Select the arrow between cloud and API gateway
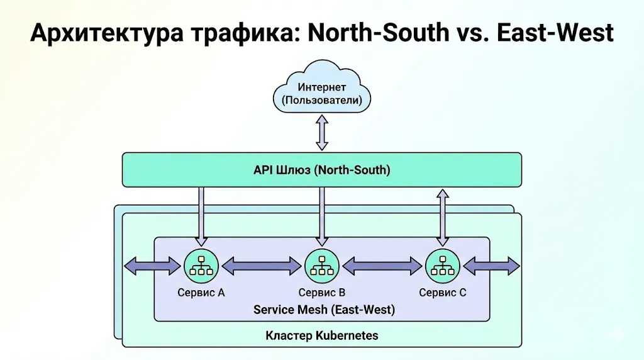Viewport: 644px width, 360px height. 322,132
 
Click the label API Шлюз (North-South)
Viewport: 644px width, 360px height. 321,170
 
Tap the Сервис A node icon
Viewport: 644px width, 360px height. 201,266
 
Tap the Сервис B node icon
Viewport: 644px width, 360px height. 321,266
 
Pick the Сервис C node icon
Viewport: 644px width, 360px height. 443,266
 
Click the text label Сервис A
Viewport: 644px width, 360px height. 201,293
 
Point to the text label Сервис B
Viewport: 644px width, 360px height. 321,293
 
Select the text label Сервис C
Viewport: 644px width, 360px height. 443,293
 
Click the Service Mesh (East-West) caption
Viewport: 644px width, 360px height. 324,310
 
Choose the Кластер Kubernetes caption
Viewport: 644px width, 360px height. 322,335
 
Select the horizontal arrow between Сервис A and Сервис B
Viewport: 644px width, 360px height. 261,266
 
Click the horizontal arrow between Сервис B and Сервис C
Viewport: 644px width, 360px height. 382,266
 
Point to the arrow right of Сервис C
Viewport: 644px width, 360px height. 492,266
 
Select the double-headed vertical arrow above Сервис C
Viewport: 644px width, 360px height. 443,217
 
